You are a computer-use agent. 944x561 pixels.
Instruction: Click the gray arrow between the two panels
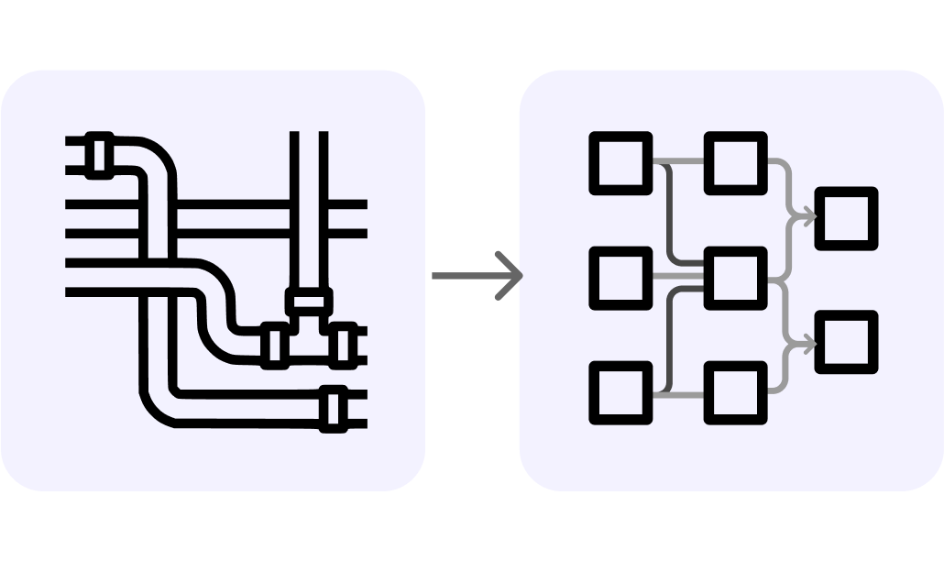pos(477,274)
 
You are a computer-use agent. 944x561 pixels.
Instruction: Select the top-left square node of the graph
pos(620,163)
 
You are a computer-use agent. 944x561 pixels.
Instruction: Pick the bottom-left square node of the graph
pos(620,392)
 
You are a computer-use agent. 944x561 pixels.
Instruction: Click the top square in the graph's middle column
pos(735,163)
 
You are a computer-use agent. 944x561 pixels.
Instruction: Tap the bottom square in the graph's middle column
pos(735,392)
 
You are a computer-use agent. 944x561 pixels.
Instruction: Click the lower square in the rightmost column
pos(846,342)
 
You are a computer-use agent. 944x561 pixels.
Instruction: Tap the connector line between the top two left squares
pos(678,163)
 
